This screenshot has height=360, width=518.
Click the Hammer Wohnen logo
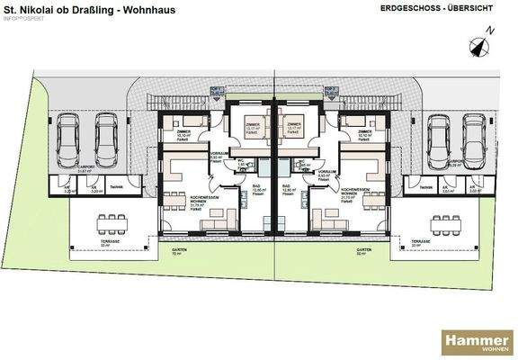pos(476,341)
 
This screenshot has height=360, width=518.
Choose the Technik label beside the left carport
pos(118,188)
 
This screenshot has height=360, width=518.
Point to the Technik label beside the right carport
pos(418,187)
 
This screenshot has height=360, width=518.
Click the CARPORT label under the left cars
pos(86,168)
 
